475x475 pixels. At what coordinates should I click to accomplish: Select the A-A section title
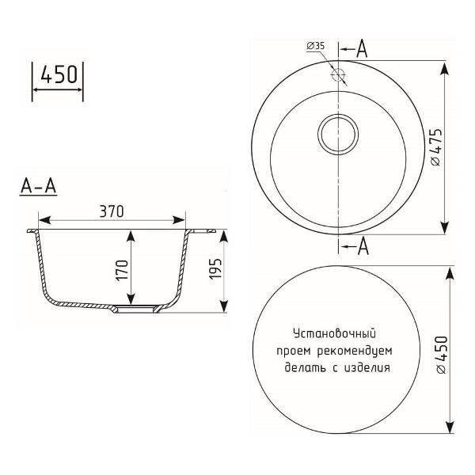pyautogui.click(x=38, y=188)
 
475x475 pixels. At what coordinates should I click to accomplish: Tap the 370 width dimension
pyautogui.click(x=112, y=211)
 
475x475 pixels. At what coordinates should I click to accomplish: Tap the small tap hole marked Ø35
pyautogui.click(x=338, y=76)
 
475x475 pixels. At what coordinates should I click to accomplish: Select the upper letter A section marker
pyautogui.click(x=362, y=48)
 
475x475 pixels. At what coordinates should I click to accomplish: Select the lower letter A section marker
pyautogui.click(x=363, y=248)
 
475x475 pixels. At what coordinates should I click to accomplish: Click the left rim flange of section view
pyautogui.click(x=33, y=232)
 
